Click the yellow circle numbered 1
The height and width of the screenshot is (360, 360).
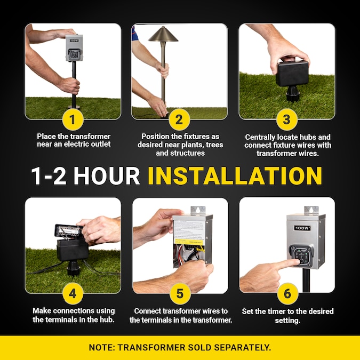click(x=73, y=119)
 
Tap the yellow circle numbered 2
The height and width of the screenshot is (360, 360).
click(x=179, y=119)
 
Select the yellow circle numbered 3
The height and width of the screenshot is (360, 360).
click(x=287, y=119)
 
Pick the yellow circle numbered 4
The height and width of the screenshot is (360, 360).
click(x=73, y=294)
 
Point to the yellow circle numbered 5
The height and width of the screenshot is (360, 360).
click(x=180, y=294)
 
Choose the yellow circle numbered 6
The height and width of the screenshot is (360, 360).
click(x=287, y=294)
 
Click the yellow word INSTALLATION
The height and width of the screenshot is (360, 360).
click(x=235, y=176)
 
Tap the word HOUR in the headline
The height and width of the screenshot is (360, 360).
click(x=107, y=176)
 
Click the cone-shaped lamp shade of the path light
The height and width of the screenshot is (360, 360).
click(x=163, y=35)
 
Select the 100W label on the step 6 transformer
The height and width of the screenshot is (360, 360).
click(x=302, y=228)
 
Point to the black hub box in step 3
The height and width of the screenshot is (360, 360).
click(x=292, y=73)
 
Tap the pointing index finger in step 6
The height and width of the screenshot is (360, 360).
click(x=286, y=263)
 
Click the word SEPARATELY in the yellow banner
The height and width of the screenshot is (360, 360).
click(x=243, y=347)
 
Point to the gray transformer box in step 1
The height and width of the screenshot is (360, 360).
click(x=74, y=48)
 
